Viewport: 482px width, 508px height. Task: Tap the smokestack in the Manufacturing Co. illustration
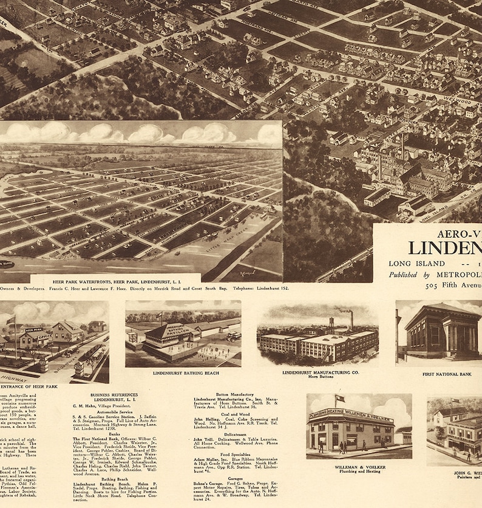351,320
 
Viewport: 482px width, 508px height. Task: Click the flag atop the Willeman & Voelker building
339,398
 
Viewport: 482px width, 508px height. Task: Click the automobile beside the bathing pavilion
233,336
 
